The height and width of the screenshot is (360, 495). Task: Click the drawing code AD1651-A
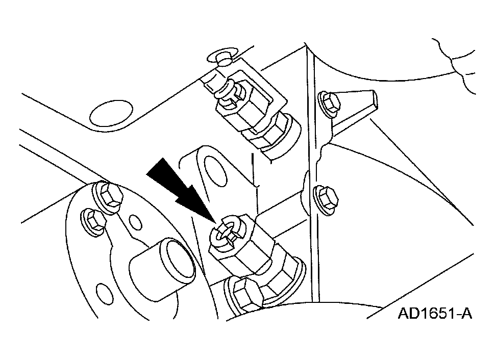(x=435, y=314)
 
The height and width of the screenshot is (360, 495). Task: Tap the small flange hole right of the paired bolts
(x=134, y=222)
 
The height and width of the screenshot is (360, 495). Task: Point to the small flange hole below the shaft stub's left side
(x=103, y=293)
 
